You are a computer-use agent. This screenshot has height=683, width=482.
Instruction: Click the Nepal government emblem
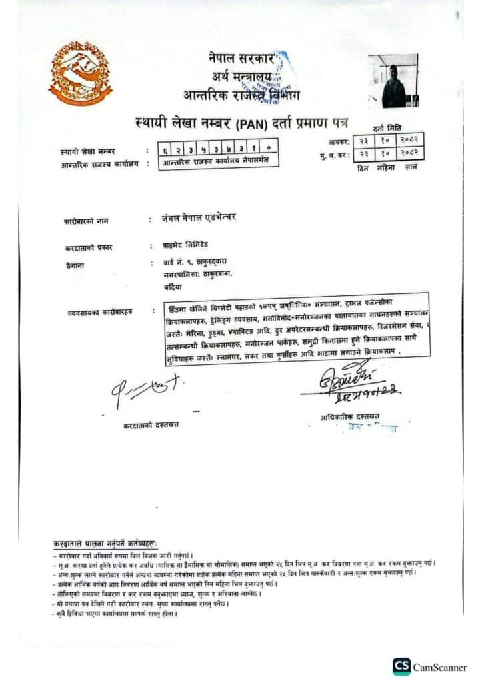pyautogui.click(x=80, y=73)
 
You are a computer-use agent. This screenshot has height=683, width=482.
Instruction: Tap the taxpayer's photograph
pyautogui.click(x=393, y=81)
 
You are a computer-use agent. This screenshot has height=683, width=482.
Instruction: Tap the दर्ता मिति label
pyautogui.click(x=388, y=128)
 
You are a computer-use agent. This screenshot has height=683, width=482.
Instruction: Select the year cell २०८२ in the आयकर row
pyautogui.click(x=409, y=141)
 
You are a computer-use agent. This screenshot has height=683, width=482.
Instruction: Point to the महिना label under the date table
pyautogui.click(x=385, y=167)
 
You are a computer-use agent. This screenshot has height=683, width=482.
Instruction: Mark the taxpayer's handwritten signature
pyautogui.click(x=144, y=388)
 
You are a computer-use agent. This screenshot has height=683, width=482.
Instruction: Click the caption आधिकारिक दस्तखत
pyautogui.click(x=349, y=416)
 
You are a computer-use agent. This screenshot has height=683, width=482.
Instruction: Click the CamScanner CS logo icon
pyautogui.click(x=401, y=666)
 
